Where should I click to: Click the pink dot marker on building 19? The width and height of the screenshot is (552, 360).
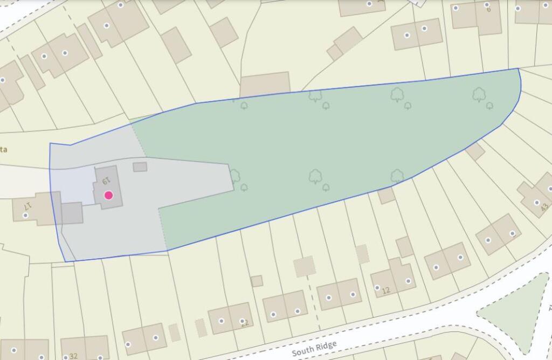coord(108,195)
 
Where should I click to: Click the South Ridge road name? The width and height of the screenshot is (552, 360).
coord(314,349)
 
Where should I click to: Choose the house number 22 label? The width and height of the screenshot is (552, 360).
coord(245,323)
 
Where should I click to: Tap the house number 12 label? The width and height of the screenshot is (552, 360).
coord(385,291)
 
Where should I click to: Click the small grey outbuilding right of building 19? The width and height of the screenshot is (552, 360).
coord(140,167)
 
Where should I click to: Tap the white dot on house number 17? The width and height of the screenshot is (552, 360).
coord(25,216)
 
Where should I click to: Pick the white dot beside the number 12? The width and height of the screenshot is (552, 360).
coord(377,287)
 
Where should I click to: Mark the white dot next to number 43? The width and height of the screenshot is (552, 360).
coord(536,203)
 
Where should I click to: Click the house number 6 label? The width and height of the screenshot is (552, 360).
coord(488,9)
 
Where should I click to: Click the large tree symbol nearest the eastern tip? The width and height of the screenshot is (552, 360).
coord(479,95)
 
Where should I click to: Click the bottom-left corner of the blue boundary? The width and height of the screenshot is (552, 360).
coord(66,261)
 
